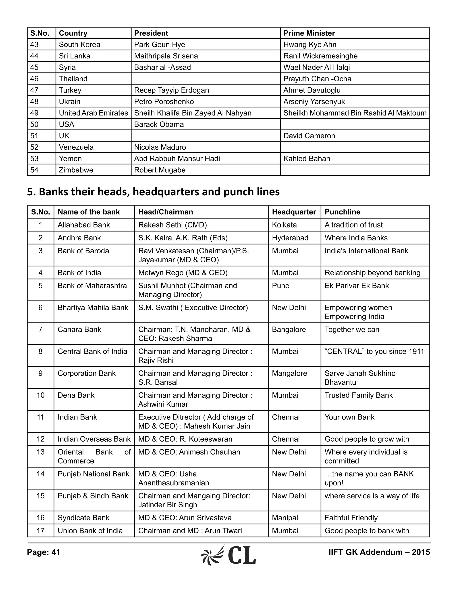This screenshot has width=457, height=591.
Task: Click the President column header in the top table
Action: [151, 33]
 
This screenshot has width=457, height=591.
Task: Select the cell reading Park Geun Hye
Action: [160, 44]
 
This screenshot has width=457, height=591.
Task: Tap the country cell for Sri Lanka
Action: [75, 56]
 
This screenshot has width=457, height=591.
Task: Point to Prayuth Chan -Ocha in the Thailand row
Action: [317, 79]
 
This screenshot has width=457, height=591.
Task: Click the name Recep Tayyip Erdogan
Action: [171, 90]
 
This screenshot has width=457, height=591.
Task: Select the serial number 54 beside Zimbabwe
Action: [34, 170]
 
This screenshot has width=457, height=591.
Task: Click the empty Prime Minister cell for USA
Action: [355, 124]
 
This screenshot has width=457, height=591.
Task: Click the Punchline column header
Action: [342, 212]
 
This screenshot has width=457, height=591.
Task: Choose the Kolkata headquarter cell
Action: [284, 225]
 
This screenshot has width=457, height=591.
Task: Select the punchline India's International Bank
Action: [366, 251]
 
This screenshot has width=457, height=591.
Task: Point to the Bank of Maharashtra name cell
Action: [92, 286]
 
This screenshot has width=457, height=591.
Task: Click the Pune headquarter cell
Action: [280, 286]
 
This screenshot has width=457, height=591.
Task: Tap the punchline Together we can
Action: [352, 330]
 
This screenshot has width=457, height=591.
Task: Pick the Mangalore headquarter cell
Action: [289, 373]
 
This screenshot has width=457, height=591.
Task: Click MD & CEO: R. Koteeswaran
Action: [185, 439]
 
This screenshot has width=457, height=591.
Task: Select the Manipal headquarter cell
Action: [285, 518]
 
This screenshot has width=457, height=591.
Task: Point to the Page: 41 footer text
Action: [44, 552]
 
